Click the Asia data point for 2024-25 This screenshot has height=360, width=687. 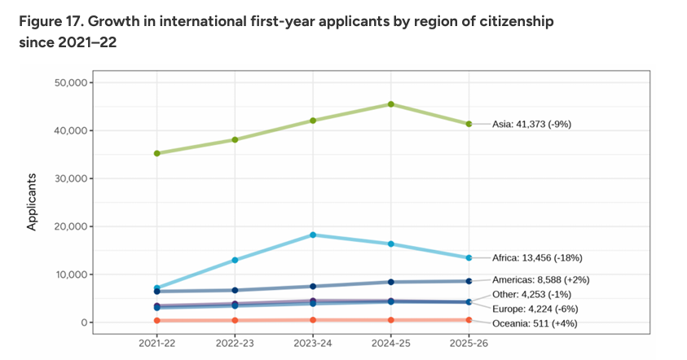pyautogui.click(x=391, y=104)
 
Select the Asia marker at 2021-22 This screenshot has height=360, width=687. pyautogui.click(x=156, y=153)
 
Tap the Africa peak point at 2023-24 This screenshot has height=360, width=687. pyautogui.click(x=313, y=235)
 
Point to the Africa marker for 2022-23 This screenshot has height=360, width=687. pyautogui.click(x=235, y=260)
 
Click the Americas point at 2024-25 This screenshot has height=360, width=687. pyautogui.click(x=391, y=282)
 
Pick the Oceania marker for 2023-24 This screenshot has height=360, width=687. pyautogui.click(x=313, y=319)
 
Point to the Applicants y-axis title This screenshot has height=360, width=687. pyautogui.click(x=33, y=201)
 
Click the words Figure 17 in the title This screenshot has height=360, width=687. pyautogui.click(x=49, y=21)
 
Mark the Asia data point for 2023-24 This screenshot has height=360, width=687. pyautogui.click(x=313, y=121)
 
